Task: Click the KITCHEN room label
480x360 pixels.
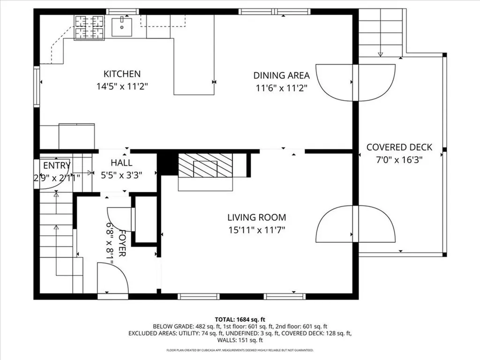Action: (122, 74)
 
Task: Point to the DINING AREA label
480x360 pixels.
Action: (281, 75)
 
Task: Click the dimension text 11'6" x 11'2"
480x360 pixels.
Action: (281, 88)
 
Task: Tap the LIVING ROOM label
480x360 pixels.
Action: (256, 217)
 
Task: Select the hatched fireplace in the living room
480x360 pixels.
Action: (205, 166)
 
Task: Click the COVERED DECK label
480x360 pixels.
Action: (399, 147)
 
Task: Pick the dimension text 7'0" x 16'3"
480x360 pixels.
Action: (399, 159)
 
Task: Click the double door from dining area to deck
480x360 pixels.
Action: (355, 82)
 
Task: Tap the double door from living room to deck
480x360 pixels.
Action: (355, 224)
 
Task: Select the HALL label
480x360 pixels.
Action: (121, 163)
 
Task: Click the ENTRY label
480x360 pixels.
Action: (57, 165)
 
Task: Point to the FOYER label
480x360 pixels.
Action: (121, 243)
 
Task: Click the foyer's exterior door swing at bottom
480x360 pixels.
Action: (112, 279)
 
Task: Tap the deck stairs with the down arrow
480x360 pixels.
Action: (380, 33)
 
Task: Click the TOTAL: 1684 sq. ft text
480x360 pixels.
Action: (240, 319)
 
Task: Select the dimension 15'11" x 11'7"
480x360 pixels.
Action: (256, 230)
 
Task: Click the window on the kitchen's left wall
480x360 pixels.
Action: (36, 87)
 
